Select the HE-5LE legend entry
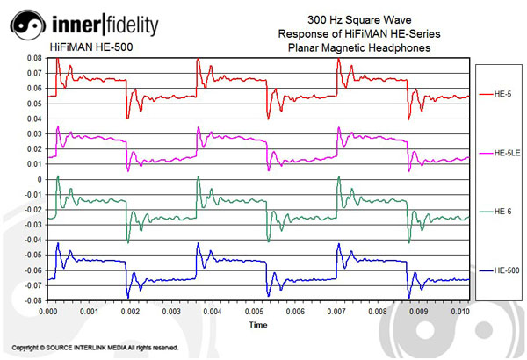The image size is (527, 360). (x=503, y=154)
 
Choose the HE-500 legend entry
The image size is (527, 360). (x=503, y=270)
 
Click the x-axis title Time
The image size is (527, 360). (x=257, y=325)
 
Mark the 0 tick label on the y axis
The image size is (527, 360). (x=39, y=179)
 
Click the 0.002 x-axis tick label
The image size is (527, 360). (x=129, y=311)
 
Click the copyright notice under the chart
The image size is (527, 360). (x=95, y=348)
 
